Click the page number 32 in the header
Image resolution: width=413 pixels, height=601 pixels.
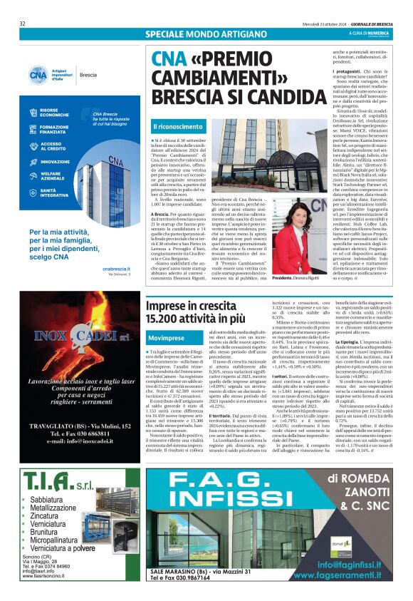click(23, 24)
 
